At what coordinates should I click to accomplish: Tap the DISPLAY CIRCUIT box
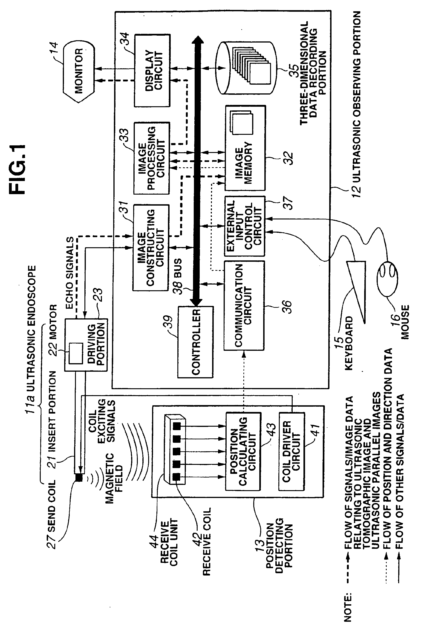[x=152, y=70]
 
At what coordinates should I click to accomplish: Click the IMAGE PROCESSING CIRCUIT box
[x=152, y=158]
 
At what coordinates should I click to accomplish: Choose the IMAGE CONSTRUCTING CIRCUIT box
[x=151, y=247]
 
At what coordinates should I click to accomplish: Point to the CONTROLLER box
[x=196, y=342]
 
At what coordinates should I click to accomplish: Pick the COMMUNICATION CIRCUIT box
[x=244, y=305]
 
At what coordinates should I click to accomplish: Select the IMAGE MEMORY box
[x=245, y=148]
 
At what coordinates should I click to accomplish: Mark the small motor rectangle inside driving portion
[x=76, y=353]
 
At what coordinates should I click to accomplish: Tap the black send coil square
[x=79, y=478]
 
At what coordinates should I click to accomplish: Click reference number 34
[x=125, y=39]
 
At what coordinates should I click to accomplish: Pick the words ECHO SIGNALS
[x=69, y=273]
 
